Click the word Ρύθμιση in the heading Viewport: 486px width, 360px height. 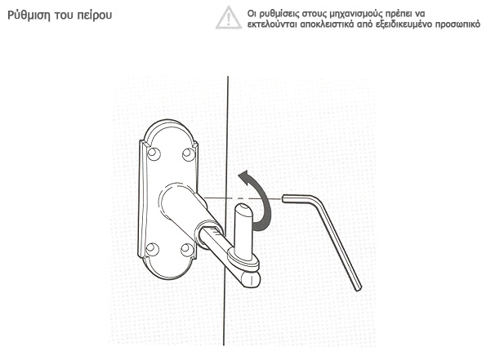(29, 16)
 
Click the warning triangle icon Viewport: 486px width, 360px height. (229, 17)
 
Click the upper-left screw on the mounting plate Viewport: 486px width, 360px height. (154, 153)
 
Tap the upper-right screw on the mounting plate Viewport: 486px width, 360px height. (189, 154)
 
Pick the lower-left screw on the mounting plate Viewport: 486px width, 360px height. (152, 249)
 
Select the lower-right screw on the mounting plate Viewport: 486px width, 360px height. (186, 250)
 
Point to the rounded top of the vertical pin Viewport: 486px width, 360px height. (243, 209)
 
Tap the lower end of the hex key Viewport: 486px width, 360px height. (359, 288)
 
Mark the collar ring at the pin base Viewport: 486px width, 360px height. (243, 260)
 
